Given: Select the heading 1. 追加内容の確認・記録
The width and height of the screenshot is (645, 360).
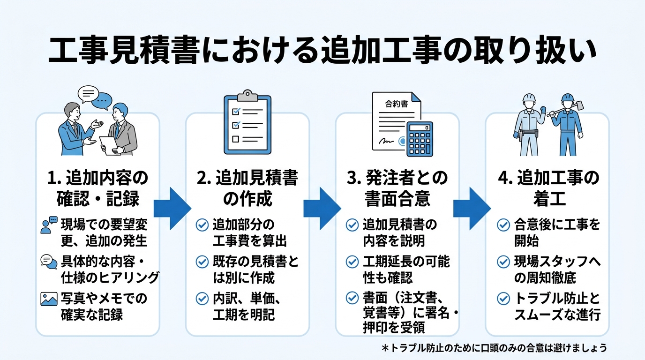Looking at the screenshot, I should [x=98, y=188].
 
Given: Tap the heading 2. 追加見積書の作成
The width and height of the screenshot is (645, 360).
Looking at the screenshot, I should [x=247, y=188].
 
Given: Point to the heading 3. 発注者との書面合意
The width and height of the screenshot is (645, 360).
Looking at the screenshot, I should [x=397, y=188].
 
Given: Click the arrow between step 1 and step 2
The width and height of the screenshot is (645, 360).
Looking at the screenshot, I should [x=172, y=208].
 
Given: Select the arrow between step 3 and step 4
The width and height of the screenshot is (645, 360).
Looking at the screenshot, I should [x=471, y=208].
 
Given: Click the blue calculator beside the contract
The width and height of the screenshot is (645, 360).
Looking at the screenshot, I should [x=420, y=139].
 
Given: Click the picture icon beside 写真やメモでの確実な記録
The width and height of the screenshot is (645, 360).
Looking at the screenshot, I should [x=49, y=299].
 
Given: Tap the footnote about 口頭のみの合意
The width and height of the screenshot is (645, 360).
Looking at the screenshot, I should [x=494, y=348].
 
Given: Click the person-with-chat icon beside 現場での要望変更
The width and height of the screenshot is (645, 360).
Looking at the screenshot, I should [x=49, y=225].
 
